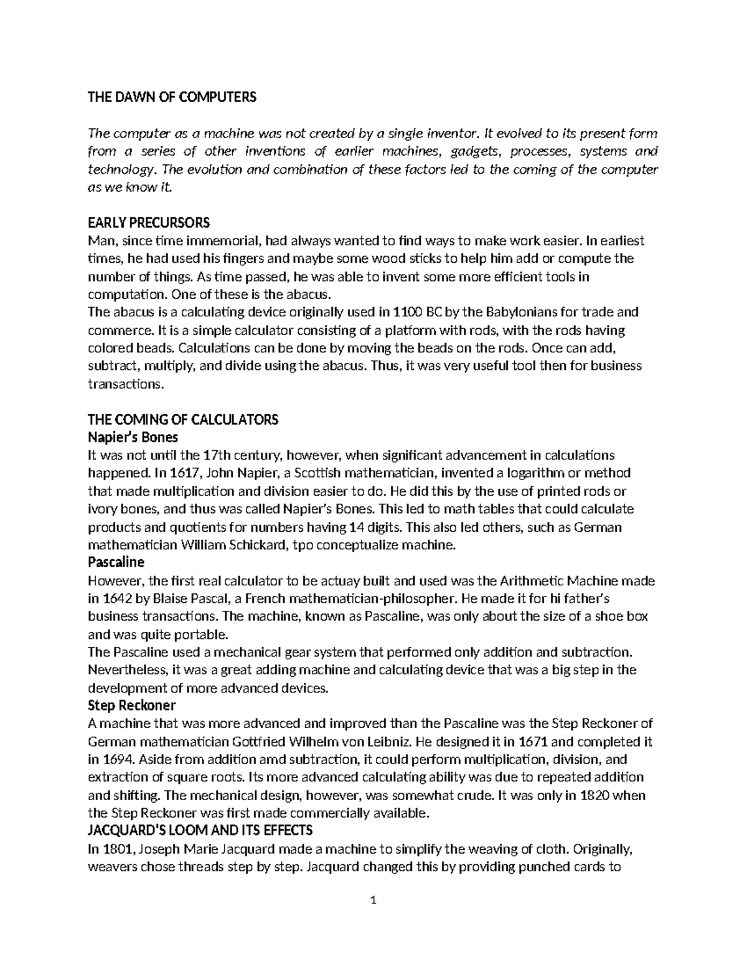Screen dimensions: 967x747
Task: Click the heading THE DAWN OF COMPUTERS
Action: point(172,97)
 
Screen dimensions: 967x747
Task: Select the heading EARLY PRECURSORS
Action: point(149,223)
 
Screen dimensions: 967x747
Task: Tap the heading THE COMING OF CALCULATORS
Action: point(183,419)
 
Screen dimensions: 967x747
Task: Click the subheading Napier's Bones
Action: point(133,437)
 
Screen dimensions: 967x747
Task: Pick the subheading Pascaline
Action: point(116,562)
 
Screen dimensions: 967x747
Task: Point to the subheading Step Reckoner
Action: point(132,705)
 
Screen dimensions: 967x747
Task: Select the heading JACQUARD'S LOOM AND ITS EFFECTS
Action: point(200,831)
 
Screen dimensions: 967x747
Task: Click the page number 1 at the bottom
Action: point(374,900)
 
